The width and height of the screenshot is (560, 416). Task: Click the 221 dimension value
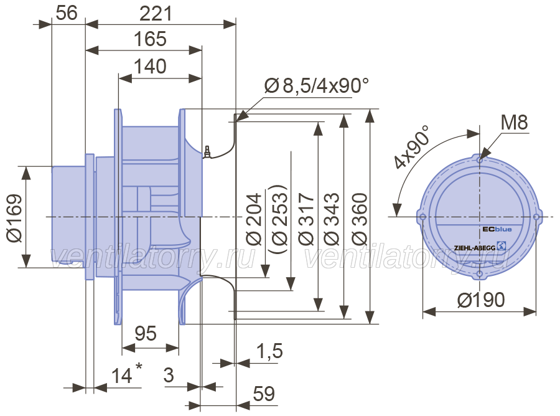(156, 14)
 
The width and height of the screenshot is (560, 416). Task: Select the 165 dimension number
(150, 39)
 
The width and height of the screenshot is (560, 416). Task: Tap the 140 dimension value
(150, 67)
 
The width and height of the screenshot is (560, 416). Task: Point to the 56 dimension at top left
(67, 13)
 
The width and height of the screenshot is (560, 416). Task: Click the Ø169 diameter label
(15, 218)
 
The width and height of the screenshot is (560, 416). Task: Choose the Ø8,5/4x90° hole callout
(317, 85)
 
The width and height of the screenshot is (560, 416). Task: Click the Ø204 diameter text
(254, 219)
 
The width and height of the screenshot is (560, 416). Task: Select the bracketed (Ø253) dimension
(279, 219)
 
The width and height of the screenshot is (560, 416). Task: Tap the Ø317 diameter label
(306, 219)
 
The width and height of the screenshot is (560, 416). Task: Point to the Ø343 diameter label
(332, 219)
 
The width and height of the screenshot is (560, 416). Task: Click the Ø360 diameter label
(359, 219)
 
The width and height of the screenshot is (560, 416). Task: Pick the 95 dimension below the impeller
(146, 333)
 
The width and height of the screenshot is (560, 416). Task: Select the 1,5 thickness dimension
(269, 351)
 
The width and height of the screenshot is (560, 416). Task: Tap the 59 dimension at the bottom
(264, 394)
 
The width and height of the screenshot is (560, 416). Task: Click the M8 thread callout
(515, 123)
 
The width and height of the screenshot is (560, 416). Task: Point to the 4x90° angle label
(412, 147)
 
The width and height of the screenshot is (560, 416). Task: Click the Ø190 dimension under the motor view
(481, 300)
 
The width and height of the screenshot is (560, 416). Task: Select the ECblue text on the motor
(497, 229)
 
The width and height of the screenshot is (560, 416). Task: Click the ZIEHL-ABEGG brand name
(475, 248)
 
